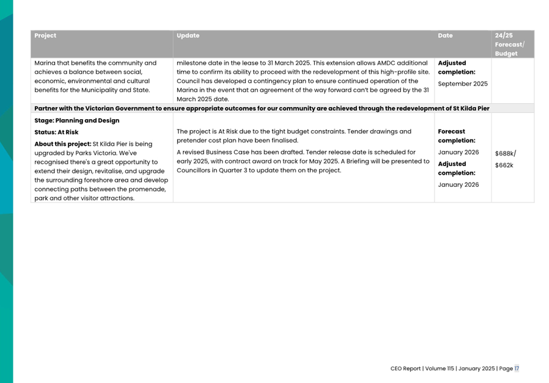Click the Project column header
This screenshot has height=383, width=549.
coord(45,35)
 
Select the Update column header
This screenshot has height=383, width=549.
coord(188,35)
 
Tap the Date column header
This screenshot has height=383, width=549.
coord(445,35)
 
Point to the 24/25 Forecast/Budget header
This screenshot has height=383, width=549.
coord(509,45)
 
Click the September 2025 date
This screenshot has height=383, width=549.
coord(463,84)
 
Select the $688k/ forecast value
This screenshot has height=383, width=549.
coord(505,154)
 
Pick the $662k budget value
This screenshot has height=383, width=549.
coord(504,165)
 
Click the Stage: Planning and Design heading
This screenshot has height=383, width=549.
coord(76,121)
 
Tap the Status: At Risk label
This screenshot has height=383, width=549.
coord(56,132)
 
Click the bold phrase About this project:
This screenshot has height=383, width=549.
coord(62,144)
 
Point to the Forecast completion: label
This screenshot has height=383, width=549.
coord(456,136)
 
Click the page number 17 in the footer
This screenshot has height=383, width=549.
coord(517,368)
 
